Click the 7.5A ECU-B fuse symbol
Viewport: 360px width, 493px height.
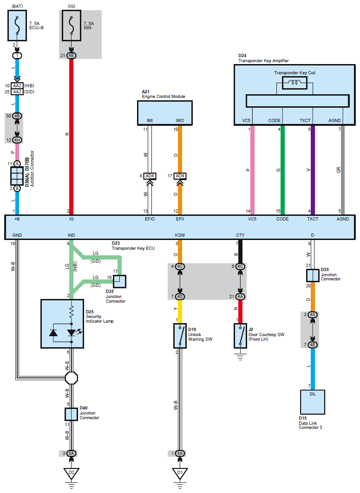pyautogui.click(x=17, y=26)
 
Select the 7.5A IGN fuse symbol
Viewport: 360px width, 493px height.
pyautogui.click(x=72, y=26)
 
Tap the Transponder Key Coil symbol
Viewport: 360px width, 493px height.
pyautogui.click(x=295, y=83)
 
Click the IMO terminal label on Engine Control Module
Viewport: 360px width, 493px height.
pyautogui.click(x=180, y=120)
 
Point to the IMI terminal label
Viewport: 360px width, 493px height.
pyautogui.click(x=150, y=120)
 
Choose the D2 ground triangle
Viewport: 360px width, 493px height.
pyautogui.click(x=72, y=473)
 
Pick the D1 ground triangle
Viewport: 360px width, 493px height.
pyautogui.click(x=180, y=473)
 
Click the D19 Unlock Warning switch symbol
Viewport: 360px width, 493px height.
pyautogui.click(x=180, y=336)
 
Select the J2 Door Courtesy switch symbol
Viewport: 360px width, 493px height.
pyautogui.click(x=240, y=336)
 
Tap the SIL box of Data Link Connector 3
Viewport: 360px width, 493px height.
pyautogui.click(x=313, y=402)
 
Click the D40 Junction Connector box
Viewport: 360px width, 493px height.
pyautogui.click(x=71, y=414)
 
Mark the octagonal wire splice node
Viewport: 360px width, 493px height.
pyautogui.click(x=72, y=378)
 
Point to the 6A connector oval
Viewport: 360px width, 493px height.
pyautogui.click(x=72, y=454)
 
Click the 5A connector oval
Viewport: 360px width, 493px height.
pyautogui.click(x=180, y=454)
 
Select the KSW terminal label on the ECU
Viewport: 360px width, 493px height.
pyautogui.click(x=180, y=235)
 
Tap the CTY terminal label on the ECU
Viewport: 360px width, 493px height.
pyautogui.click(x=240, y=235)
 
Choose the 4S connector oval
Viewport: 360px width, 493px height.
pyautogui.click(x=313, y=314)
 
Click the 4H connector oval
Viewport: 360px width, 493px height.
pyautogui.click(x=17, y=140)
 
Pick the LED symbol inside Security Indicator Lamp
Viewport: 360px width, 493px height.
pyautogui.click(x=72, y=332)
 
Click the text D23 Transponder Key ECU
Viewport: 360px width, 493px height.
pyautogui.click(x=133, y=246)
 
